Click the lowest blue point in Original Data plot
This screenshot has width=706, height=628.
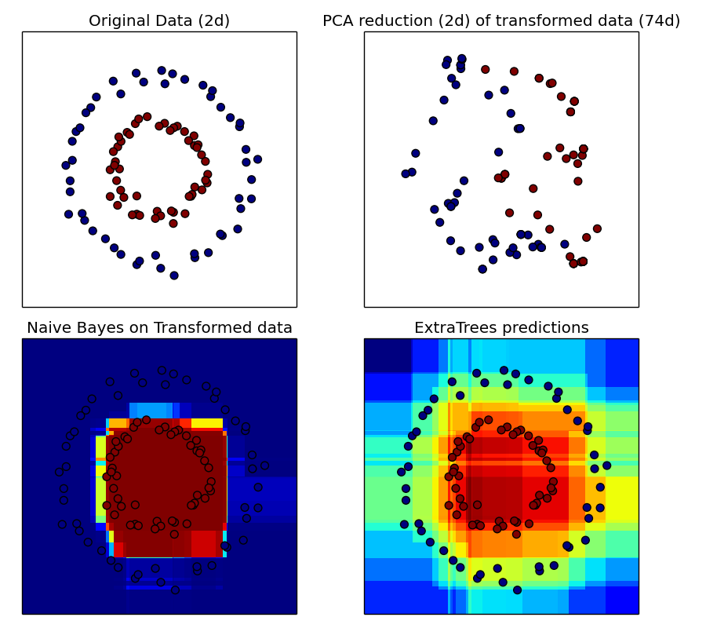coord(174,276)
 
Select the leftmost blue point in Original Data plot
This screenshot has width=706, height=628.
coord(66,166)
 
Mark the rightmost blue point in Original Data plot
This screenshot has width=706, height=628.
coord(257,159)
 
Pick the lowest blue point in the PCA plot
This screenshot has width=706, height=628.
coord(482,269)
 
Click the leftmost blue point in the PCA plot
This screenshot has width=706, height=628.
coord(406,173)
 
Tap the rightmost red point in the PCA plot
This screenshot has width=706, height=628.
coord(597,229)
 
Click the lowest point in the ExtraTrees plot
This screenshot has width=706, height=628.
coord(517,590)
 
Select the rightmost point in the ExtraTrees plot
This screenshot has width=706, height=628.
coord(606,466)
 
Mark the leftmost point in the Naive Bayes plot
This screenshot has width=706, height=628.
coord(59,472)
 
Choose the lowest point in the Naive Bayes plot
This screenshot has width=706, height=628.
coord(175,589)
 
